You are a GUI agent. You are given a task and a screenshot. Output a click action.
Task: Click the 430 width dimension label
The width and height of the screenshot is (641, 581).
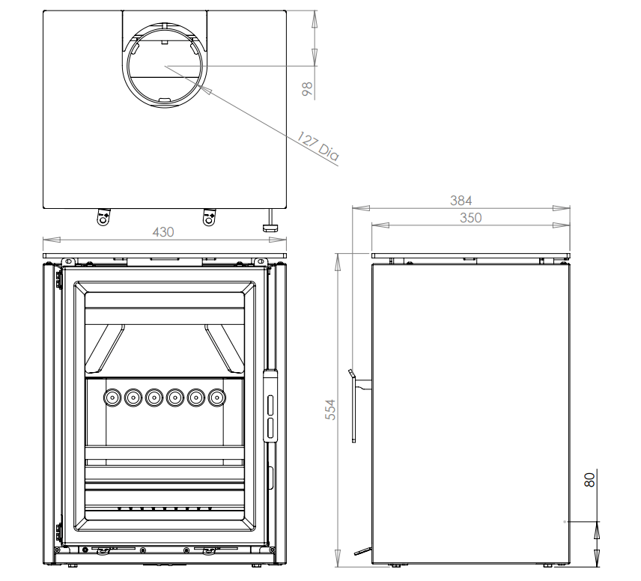[x=163, y=232]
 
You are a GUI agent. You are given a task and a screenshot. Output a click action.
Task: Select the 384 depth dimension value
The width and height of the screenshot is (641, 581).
[x=461, y=201]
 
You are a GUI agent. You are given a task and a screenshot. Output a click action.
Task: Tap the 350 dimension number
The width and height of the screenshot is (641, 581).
[x=470, y=218]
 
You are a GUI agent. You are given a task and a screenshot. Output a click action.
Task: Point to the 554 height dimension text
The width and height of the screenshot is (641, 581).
[x=330, y=410]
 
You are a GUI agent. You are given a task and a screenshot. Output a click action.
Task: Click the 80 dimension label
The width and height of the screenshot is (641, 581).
[x=589, y=480]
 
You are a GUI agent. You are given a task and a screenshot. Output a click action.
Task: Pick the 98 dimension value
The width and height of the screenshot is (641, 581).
[x=307, y=89]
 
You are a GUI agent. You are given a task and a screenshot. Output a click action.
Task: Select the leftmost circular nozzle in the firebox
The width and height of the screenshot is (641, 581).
[x=112, y=398]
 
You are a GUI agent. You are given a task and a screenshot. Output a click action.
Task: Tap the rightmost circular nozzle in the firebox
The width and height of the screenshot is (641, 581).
[x=216, y=398]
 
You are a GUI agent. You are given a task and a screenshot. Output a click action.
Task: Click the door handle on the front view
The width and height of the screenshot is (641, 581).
[x=270, y=406]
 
